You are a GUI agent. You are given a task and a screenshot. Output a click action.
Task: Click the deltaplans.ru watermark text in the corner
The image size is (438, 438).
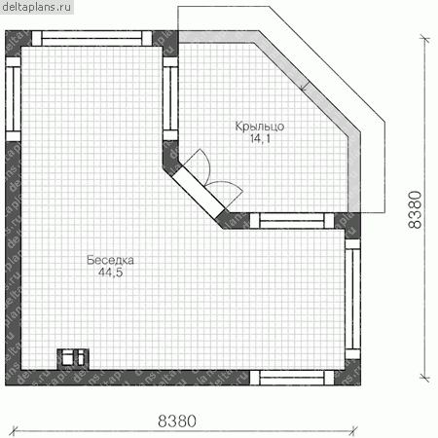(37, 7)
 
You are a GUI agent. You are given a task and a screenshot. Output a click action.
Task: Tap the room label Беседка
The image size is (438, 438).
(110, 260)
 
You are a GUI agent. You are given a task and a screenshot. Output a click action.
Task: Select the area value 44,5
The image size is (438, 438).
(110, 273)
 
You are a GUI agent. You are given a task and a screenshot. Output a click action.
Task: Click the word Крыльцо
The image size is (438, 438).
(260, 127)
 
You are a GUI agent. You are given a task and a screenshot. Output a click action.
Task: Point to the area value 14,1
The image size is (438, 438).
(260, 138)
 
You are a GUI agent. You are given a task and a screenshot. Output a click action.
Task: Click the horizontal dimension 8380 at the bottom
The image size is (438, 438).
(177, 420)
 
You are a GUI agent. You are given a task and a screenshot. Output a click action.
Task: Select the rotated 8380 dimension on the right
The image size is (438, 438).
(415, 209)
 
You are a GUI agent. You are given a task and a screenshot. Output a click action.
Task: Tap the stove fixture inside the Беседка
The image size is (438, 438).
(73, 359)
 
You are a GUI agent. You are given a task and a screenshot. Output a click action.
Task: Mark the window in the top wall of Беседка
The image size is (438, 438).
(91, 38)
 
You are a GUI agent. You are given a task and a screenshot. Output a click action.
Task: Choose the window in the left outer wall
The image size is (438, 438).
(14, 99)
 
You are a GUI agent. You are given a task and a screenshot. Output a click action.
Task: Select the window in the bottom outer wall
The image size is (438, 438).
(292, 378)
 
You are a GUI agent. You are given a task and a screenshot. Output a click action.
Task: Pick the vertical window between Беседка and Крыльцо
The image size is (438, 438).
(170, 98)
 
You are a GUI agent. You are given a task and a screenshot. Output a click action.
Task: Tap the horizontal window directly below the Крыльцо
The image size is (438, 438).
(292, 221)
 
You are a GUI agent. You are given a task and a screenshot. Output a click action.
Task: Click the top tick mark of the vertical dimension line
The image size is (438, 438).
(424, 39)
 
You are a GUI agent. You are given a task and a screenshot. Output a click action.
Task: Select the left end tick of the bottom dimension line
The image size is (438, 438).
(14, 431)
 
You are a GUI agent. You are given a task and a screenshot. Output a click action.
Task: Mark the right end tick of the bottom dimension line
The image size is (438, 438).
(353, 431)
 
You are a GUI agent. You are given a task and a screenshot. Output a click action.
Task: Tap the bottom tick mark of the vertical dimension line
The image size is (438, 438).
(424, 378)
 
